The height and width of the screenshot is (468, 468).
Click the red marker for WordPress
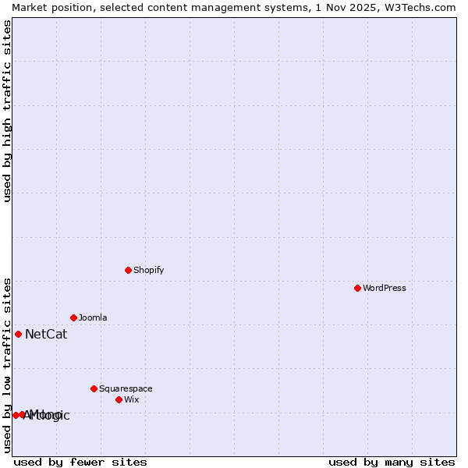357,288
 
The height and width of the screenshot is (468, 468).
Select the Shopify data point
128,270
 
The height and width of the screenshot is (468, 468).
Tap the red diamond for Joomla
73,317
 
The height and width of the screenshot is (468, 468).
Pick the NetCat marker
18,334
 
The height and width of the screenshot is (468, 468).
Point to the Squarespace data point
94,388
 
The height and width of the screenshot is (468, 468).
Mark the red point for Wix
119,399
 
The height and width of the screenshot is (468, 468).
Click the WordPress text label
385,288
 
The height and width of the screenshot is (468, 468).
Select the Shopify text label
148,270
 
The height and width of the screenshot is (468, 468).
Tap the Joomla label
93,317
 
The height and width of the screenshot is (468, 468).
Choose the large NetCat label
46,335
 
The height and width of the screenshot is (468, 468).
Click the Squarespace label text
126,388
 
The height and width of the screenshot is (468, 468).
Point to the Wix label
131,399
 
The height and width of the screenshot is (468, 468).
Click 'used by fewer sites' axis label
80,462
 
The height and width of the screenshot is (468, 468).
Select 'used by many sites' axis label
392,462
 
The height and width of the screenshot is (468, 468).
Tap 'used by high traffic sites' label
7,111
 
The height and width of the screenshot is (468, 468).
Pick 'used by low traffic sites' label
7,365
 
